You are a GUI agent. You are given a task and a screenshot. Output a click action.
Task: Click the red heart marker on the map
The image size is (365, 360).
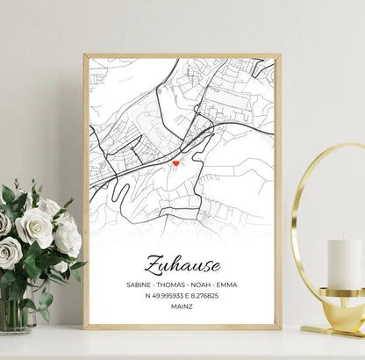[x=175, y=162]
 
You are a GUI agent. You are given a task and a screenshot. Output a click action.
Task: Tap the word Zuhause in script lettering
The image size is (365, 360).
[x=182, y=263]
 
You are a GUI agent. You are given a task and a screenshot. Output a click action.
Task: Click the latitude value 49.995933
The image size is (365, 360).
[x=167, y=297]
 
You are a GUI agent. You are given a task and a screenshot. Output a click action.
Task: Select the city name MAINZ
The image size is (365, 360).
[x=182, y=309]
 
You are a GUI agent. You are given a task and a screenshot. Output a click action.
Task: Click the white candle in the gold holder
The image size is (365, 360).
[x=345, y=264]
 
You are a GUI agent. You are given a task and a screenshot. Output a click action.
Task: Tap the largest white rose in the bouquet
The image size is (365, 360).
[x=34, y=227]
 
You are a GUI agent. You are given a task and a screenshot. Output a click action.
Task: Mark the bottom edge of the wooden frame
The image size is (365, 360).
[x=182, y=327]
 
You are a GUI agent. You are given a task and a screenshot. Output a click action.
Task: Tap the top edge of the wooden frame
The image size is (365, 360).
[x=182, y=56]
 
